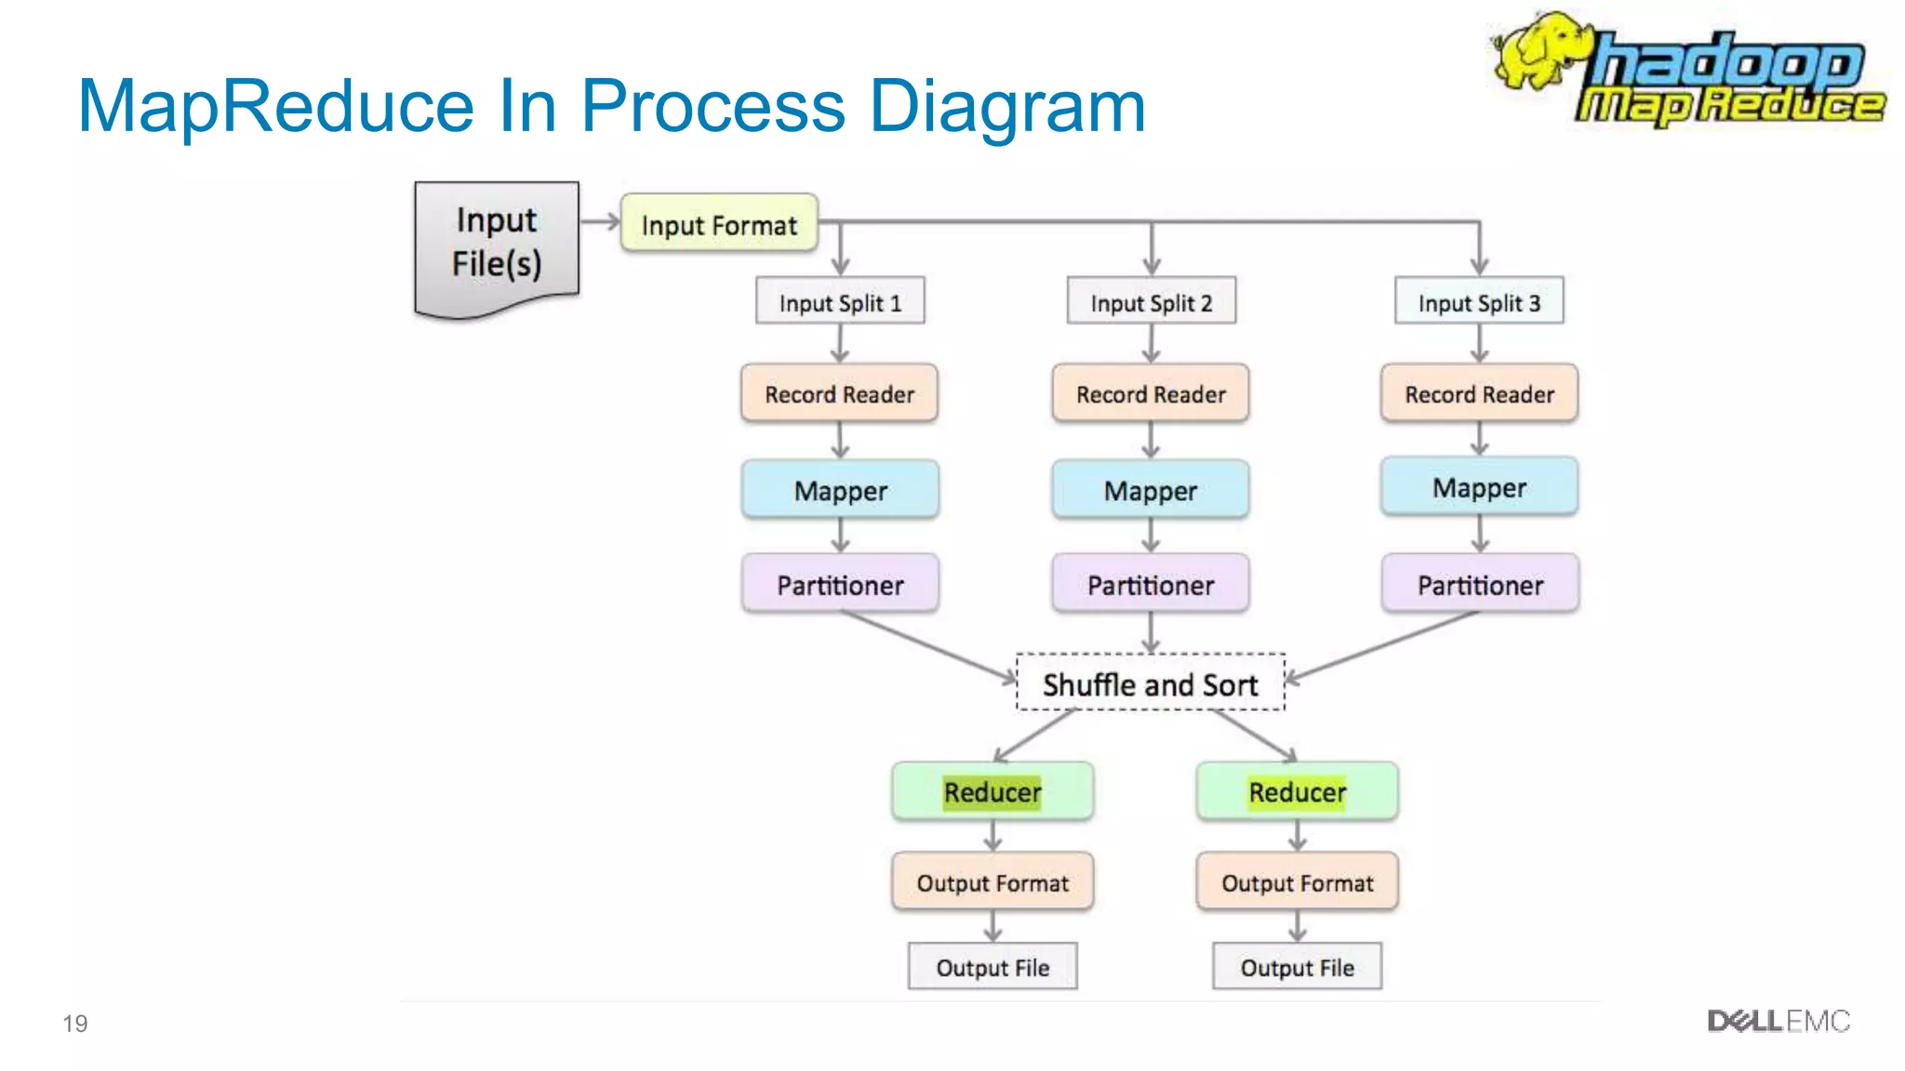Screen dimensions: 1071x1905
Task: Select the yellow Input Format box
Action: (x=719, y=224)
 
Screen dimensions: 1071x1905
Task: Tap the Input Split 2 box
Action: (x=1151, y=302)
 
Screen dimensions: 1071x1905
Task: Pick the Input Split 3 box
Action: (x=1479, y=302)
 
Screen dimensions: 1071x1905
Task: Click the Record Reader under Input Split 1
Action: (x=839, y=394)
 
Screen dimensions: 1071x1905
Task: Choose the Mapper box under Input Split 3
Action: (x=1479, y=487)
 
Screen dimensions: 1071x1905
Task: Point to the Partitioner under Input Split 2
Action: (x=1151, y=585)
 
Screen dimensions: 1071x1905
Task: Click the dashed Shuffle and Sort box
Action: (x=1151, y=684)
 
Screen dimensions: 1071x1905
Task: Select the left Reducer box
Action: (x=992, y=792)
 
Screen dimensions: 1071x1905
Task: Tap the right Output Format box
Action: (x=1297, y=882)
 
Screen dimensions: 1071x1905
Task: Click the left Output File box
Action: (x=992, y=968)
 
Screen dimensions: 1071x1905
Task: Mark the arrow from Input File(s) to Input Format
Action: (x=600, y=221)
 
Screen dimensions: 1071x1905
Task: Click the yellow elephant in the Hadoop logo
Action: (x=1539, y=51)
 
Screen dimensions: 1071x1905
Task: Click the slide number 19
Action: (x=75, y=1024)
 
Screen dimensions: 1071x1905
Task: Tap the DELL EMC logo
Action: (x=1778, y=1022)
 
